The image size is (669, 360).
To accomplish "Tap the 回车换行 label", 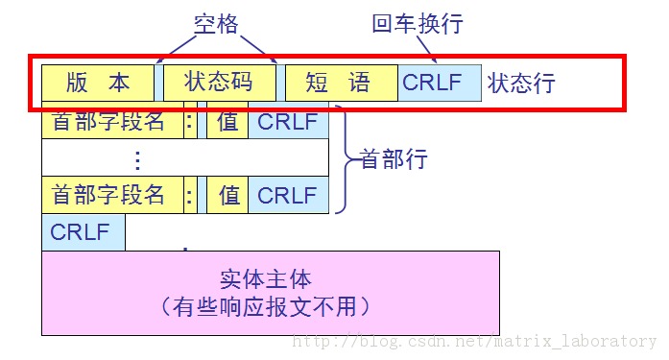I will (417, 23).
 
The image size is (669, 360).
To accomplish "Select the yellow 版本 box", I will (98, 83).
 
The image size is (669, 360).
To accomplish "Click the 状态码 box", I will (220, 83).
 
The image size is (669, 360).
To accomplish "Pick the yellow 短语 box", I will (341, 83).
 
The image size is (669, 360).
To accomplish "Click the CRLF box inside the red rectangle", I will (439, 83).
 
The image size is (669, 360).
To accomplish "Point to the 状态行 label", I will (520, 84).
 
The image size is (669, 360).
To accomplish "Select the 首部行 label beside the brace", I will (393, 158).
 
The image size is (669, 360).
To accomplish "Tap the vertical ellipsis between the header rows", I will (138, 158).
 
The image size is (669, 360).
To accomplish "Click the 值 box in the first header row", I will (227, 122).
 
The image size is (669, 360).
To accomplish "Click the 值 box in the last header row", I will (227, 195).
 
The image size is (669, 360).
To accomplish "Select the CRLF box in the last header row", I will (288, 195).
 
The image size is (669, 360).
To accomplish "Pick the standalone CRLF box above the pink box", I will (83, 232).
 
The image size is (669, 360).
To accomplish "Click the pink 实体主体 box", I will (271, 293).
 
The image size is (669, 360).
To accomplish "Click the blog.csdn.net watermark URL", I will (474, 341).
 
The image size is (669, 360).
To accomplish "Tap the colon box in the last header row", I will (189, 195).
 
